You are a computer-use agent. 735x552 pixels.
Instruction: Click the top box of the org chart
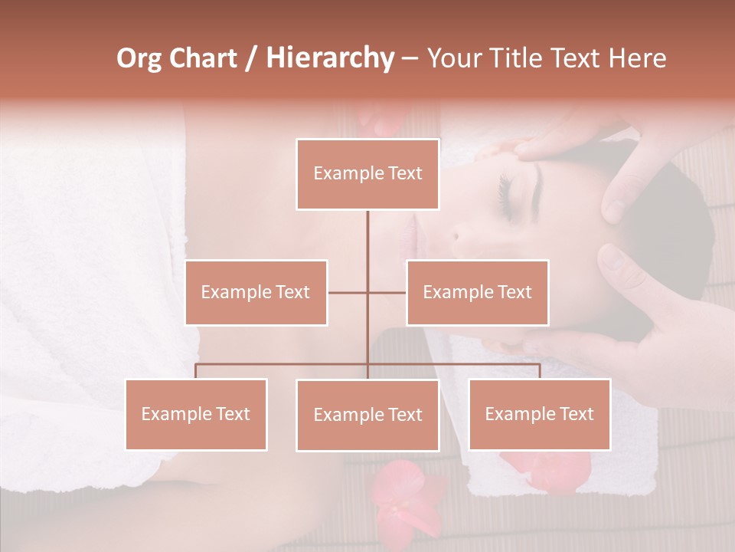[367, 174]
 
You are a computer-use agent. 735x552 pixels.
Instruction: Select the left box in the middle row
[256, 292]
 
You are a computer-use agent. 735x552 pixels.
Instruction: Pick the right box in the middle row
[477, 292]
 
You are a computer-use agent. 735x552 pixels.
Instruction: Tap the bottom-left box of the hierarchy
[196, 414]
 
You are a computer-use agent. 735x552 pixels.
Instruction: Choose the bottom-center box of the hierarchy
[367, 415]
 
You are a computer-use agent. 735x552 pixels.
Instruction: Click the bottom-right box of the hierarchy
[539, 414]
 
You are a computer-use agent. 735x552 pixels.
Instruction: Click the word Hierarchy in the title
[329, 58]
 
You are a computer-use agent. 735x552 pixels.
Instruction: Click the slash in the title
[251, 59]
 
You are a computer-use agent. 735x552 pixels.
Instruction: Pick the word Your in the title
[455, 58]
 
